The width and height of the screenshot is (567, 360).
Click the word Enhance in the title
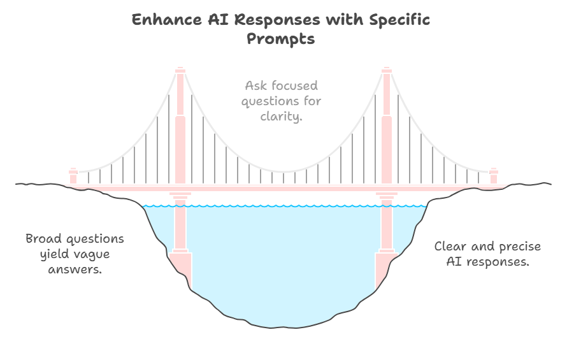(160, 20)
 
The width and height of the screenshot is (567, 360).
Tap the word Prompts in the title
(280, 38)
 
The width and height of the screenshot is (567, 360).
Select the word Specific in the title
(399, 20)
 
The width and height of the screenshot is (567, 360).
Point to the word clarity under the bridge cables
(281, 116)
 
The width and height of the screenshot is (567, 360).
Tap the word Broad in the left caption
(44, 239)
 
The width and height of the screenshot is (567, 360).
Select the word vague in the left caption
(91, 254)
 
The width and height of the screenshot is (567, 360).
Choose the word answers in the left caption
(75, 270)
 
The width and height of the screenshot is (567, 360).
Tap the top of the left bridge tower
(180, 70)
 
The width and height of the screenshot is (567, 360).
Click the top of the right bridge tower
(386, 70)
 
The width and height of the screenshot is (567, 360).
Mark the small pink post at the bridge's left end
(73, 176)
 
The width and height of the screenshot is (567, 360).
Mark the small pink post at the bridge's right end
(493, 176)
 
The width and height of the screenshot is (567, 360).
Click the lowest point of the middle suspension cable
(283, 171)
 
